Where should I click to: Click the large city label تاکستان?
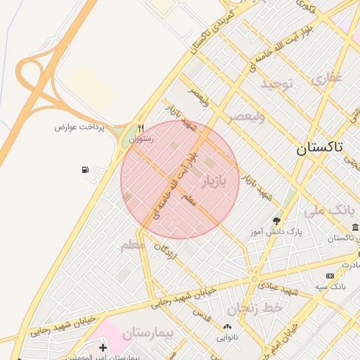click(319, 147)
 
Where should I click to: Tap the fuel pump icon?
click(85, 170)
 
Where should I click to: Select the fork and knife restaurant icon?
click(141, 129)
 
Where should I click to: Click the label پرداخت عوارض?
click(80, 127)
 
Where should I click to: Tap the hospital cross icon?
click(103, 347)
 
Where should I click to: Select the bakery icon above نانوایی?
click(227, 326)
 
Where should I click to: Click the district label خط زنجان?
click(255, 309)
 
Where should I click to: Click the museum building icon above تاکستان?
click(355, 227)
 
